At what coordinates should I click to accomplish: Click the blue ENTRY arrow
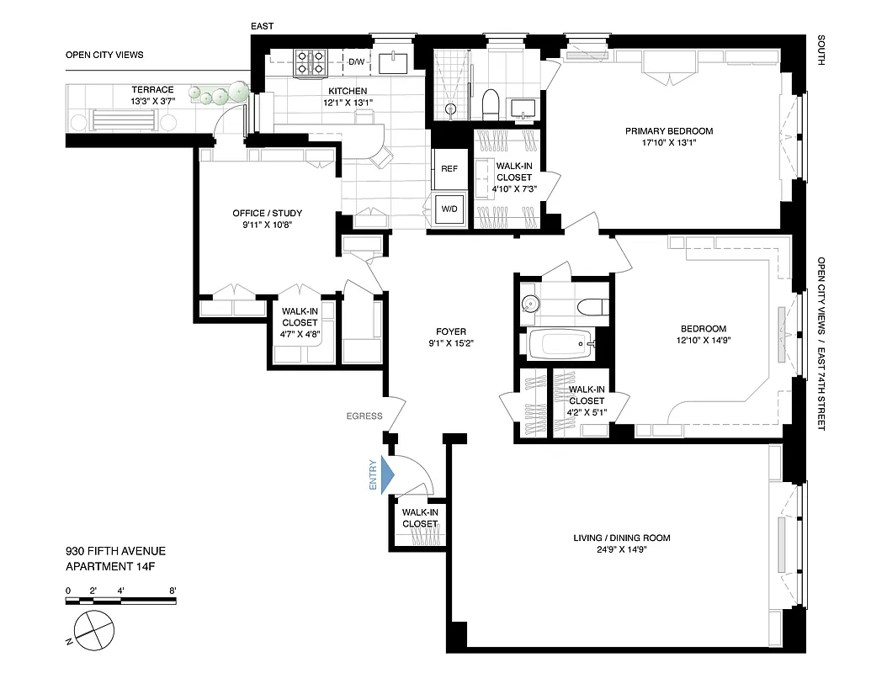pyautogui.click(x=387, y=474)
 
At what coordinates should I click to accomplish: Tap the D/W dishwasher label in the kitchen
pyautogui.click(x=357, y=61)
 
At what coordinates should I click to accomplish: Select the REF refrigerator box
pyautogui.click(x=449, y=169)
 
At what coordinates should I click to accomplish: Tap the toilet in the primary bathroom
pyautogui.click(x=491, y=104)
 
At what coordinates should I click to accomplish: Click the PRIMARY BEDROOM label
pyautogui.click(x=668, y=131)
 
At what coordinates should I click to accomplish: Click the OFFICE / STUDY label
pyautogui.click(x=267, y=213)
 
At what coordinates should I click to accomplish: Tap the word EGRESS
pyautogui.click(x=364, y=416)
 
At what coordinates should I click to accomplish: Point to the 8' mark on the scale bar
pyautogui.click(x=173, y=590)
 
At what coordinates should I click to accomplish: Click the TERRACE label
pyautogui.click(x=152, y=90)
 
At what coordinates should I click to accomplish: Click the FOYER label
pyautogui.click(x=450, y=331)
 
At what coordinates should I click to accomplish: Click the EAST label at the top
pyautogui.click(x=263, y=27)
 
